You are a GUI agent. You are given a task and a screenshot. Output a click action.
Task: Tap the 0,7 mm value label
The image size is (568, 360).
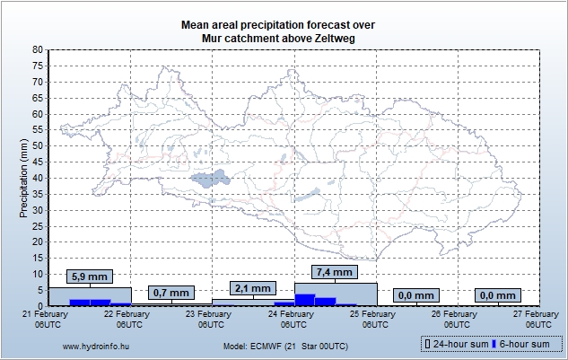coord(171,293)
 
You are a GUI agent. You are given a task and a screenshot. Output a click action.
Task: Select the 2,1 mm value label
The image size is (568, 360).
coord(253,288)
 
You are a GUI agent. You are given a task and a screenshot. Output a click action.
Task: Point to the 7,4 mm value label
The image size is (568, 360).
coord(335,272)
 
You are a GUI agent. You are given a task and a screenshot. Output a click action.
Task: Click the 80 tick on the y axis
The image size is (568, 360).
coord(37,50)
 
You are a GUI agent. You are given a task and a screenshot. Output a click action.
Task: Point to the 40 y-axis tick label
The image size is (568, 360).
coord(37,178)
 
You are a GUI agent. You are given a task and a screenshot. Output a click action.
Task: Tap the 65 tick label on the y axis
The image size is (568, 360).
coord(37,98)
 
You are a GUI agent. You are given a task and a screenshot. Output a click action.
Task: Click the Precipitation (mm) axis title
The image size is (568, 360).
coord(23,178)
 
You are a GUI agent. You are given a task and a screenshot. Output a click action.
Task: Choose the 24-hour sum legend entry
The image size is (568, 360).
coord(457,344)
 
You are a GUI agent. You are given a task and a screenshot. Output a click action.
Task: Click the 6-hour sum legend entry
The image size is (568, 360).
coord(523,344)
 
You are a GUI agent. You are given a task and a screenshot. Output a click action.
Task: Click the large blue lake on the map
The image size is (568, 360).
coord(211,179)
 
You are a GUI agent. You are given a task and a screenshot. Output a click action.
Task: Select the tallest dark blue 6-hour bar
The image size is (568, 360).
coord(305,300)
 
